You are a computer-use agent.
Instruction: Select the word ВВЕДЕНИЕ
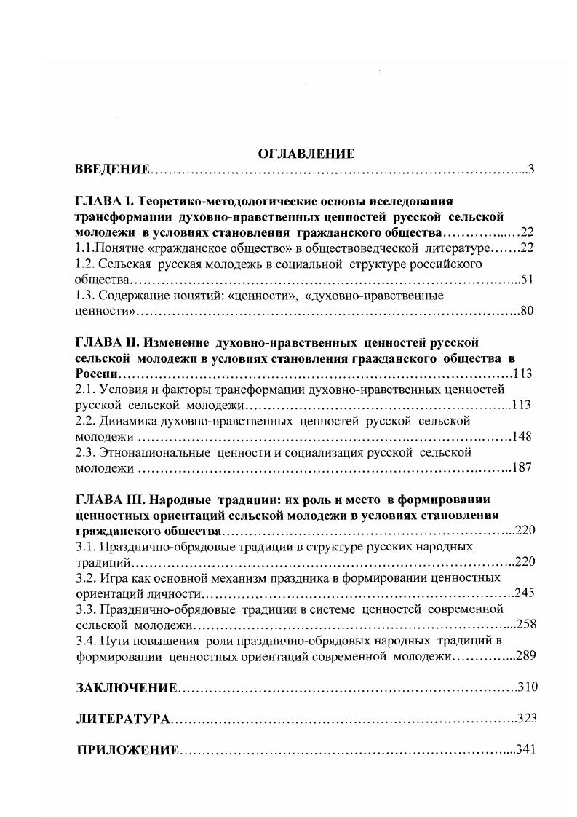pos(112,170)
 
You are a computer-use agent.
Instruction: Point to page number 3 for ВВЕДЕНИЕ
pos(531,170)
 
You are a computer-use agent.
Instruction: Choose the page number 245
pos(525,593)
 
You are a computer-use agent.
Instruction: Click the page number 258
pos(525,625)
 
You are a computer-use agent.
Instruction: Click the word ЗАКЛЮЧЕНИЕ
pos(127,688)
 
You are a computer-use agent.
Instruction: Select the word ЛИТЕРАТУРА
pos(123,719)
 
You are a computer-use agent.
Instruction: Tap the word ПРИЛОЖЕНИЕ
pos(127,751)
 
